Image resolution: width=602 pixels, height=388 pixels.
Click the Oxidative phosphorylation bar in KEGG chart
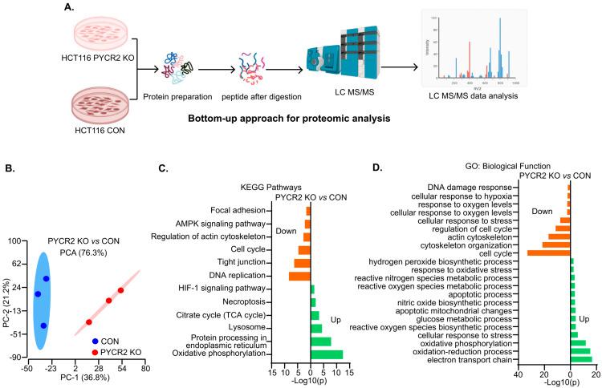point(327,354)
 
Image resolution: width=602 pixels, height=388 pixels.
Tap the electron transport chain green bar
point(581,358)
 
